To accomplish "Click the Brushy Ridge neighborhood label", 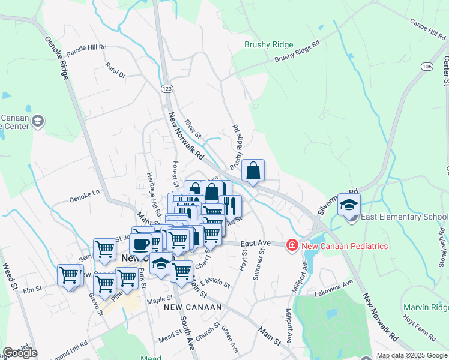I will click(x=268, y=45).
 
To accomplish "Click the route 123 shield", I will click(x=167, y=88).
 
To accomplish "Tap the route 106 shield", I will click(x=427, y=65).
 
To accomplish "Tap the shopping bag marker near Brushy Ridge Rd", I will click(x=253, y=170).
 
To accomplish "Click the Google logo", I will click(x=20, y=353).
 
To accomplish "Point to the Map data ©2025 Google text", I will click(x=412, y=355).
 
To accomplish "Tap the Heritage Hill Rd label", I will click(x=150, y=195).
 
